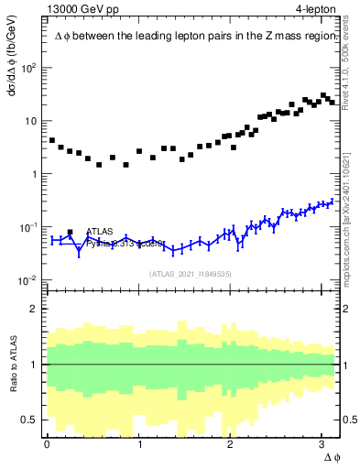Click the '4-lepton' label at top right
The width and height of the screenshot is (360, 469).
(316, 9)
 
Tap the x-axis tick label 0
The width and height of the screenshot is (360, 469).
(47, 444)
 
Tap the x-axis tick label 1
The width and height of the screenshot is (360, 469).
(139, 444)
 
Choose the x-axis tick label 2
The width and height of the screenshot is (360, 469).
(231, 444)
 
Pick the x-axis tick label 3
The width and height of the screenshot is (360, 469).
(322, 444)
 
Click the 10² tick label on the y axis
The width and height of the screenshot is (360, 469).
(29, 69)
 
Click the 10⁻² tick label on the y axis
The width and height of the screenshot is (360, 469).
(29, 280)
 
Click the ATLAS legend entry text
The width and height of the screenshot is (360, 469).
(101, 232)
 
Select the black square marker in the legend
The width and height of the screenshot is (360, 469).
(71, 233)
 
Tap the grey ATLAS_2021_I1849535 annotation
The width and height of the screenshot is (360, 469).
(190, 273)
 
